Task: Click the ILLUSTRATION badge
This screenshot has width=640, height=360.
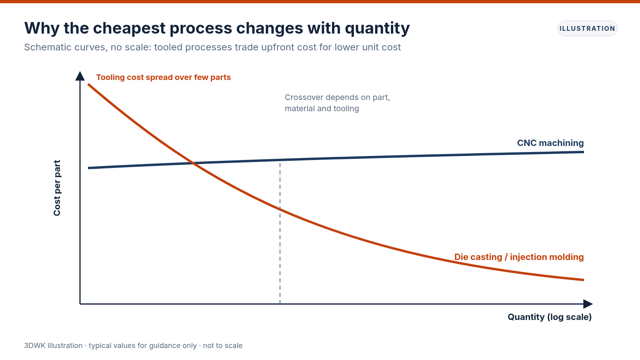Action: point(587,28)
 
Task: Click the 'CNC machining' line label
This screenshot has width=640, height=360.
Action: point(550,143)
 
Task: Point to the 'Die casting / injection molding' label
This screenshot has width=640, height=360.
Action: point(519,257)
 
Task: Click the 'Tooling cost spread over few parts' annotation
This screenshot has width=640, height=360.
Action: point(164,77)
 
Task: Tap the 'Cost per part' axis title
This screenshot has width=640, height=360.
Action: point(57,188)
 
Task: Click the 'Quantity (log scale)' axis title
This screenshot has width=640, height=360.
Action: point(550,317)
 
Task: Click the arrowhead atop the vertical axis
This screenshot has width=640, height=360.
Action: point(80,76)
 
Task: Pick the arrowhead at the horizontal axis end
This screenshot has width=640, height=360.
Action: point(588,304)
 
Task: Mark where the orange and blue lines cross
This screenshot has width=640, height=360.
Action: point(194,163)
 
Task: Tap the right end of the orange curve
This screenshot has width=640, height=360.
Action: point(584,280)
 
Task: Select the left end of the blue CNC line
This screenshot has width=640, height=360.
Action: point(88,168)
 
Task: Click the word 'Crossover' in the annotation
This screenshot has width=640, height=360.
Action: point(304,98)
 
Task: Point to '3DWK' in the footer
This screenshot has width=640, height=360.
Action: point(34,346)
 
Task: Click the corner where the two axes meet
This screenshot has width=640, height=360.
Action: point(80,304)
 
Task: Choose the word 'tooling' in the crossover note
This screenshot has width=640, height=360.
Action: point(346,108)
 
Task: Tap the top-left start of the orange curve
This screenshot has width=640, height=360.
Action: point(88,84)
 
